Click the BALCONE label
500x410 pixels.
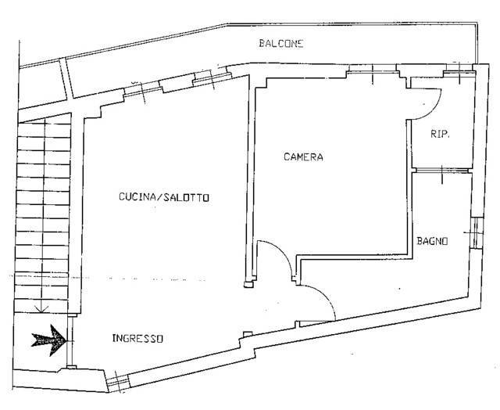(281, 44)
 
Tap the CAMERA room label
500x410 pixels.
(303, 156)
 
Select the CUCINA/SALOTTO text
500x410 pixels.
(164, 197)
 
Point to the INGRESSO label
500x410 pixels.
(137, 338)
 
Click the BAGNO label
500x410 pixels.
(432, 241)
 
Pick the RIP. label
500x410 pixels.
(440, 134)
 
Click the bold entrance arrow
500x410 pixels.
(48, 340)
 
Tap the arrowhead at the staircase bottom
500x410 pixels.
(41, 309)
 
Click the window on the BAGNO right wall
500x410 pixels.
(477, 233)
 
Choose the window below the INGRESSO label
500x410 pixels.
(117, 382)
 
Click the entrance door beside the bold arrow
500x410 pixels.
(71, 341)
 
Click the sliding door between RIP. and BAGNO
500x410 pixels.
(442, 171)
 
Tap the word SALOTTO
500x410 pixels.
(186, 197)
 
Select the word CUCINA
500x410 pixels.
(137, 196)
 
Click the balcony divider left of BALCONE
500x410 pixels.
(67, 78)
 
